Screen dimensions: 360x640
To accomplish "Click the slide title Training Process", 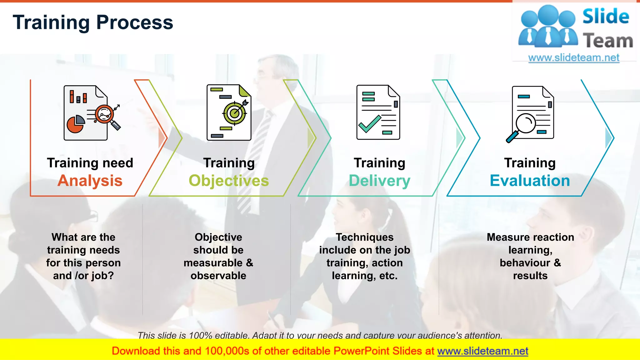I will (x=93, y=22).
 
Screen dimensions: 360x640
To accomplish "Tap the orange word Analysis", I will (x=90, y=181).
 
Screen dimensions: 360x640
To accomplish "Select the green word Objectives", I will (x=229, y=181).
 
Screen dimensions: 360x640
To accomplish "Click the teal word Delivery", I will (x=379, y=181).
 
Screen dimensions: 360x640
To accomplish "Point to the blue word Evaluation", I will (x=530, y=181).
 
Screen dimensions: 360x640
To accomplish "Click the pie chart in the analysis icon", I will (x=75, y=124).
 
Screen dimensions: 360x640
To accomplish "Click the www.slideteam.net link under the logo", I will (x=574, y=58).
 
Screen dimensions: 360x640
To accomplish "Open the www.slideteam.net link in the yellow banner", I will (x=482, y=351).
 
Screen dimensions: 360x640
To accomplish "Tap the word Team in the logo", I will (x=608, y=41).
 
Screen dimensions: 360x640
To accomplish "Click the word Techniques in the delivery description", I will (x=365, y=237).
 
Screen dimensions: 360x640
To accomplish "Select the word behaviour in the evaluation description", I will (x=525, y=263).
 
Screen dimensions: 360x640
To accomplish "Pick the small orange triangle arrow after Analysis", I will (x=162, y=137).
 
